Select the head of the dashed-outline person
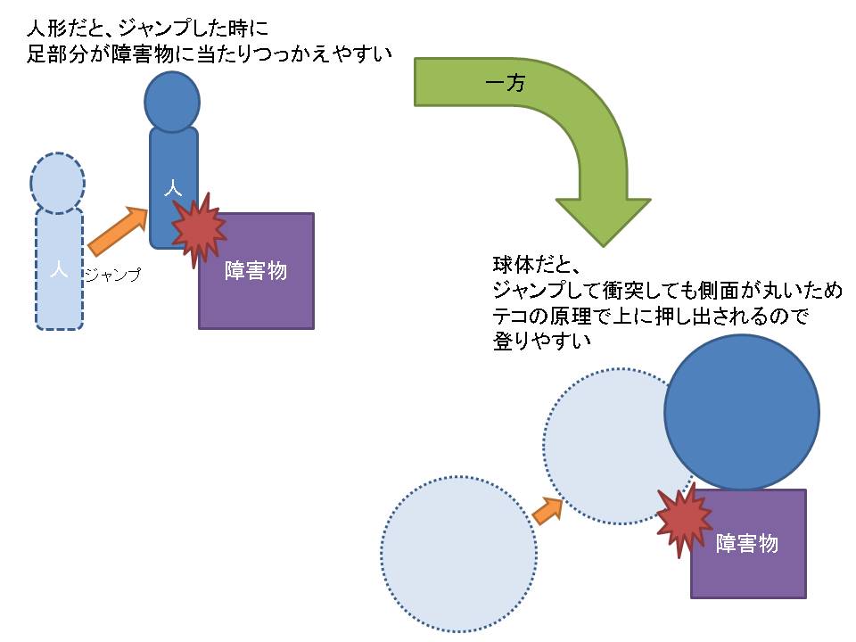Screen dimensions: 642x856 tap(57, 183)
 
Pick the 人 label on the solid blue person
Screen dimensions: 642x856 tap(172, 188)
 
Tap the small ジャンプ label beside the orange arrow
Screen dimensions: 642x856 tap(112, 276)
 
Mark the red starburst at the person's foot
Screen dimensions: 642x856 tap(198, 228)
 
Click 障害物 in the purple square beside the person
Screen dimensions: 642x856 tap(256, 271)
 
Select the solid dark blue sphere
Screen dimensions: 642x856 tap(741, 412)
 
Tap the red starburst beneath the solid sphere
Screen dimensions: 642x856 tap(684, 521)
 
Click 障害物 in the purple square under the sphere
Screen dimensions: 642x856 tap(747, 543)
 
